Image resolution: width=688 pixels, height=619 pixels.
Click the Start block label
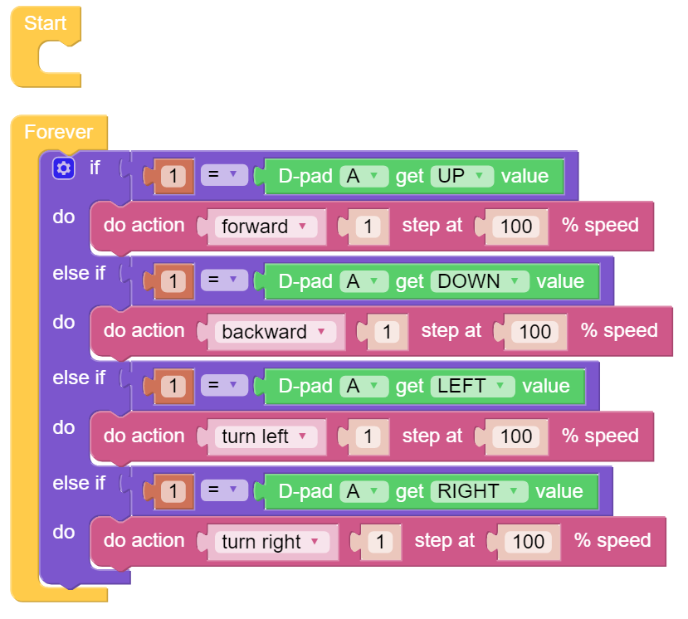point(45,23)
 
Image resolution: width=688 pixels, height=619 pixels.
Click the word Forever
point(58,132)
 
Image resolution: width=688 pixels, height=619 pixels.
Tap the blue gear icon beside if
point(64,168)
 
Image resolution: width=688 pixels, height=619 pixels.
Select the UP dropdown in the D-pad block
point(461,177)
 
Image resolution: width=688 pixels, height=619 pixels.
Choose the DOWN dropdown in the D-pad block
point(480,281)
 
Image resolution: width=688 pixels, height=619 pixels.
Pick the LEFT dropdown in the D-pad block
point(472,386)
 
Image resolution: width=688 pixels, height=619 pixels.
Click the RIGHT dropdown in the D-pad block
point(479,491)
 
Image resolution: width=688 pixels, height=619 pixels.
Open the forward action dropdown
point(266,227)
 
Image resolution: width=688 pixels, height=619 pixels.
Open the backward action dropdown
point(275,332)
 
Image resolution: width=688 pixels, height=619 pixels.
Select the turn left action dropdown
point(266,437)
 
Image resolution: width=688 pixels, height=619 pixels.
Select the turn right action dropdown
point(272,542)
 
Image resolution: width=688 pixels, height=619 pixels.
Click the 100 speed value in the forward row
point(516,227)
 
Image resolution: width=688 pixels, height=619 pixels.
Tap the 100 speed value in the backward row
point(535,332)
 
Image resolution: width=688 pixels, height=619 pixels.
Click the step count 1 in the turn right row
point(380,542)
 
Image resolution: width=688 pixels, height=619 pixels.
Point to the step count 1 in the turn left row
point(368,437)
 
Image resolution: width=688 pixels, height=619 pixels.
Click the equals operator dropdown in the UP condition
point(224,175)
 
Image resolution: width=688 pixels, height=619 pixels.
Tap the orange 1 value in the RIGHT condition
point(173,491)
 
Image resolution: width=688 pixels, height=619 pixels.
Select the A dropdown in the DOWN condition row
point(364,281)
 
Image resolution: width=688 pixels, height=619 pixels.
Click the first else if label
point(79,273)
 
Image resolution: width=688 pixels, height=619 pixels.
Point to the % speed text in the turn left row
point(600,436)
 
